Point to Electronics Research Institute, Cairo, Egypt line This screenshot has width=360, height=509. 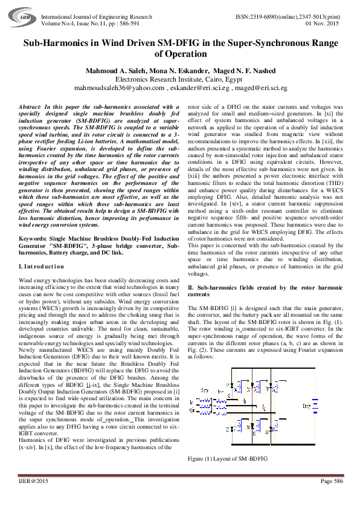click(x=179, y=79)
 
